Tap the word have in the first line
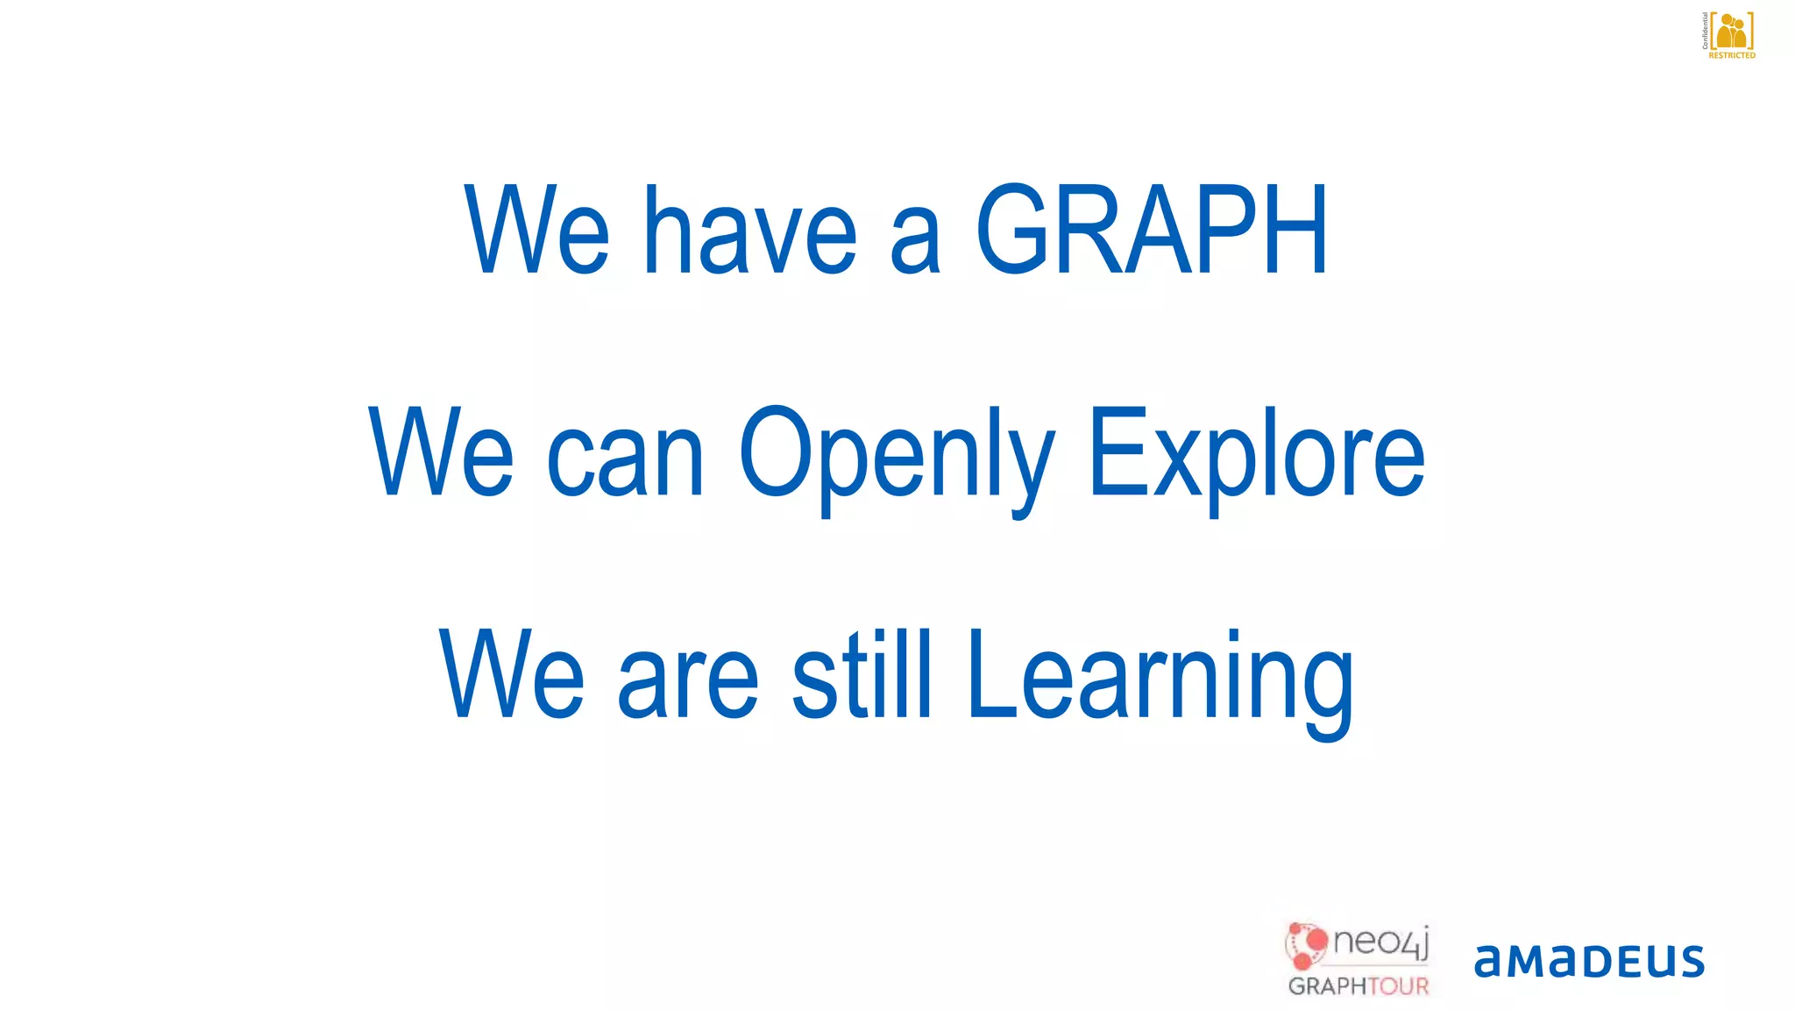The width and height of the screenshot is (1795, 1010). pyautogui.click(x=750, y=231)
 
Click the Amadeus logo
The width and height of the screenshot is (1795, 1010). pyautogui.click(x=1589, y=961)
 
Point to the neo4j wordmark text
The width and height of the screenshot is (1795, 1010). pyautogui.click(x=1381, y=943)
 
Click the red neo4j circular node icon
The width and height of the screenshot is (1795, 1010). pyautogui.click(x=1307, y=945)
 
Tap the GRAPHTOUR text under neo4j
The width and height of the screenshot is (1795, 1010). pyautogui.click(x=1358, y=986)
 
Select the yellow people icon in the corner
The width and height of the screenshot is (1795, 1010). pyautogui.click(x=1732, y=32)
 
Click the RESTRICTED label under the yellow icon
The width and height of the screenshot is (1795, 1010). pyautogui.click(x=1732, y=55)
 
